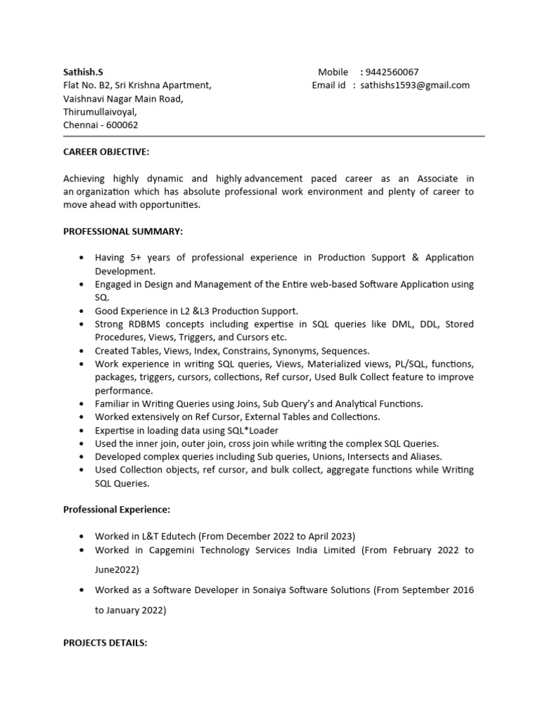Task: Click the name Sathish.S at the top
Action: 83,72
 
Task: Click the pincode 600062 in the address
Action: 122,125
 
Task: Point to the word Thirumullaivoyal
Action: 100,112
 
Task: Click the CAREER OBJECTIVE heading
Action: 106,152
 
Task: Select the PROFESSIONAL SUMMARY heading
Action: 123,231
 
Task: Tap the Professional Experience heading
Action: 116,509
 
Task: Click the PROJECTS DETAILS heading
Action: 105,643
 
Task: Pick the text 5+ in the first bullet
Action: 137,258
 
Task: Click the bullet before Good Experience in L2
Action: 83,311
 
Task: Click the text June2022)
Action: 117,569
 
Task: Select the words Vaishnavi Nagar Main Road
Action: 123,99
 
